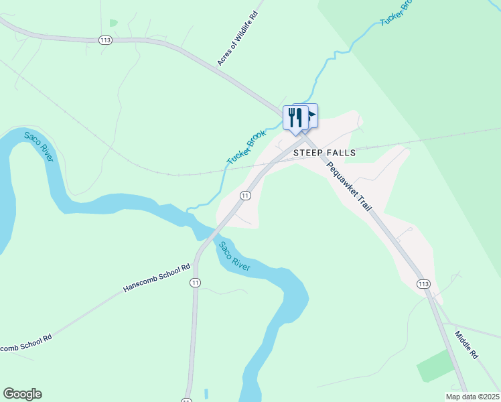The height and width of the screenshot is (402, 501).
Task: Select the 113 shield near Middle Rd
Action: point(423,284)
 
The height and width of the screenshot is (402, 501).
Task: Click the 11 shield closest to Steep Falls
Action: point(245,196)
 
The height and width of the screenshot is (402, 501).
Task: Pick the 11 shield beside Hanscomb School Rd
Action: point(195,283)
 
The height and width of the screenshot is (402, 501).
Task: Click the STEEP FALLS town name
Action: point(325,153)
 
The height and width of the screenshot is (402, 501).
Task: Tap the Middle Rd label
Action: point(466,344)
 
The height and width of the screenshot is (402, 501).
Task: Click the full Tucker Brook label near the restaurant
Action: point(246,147)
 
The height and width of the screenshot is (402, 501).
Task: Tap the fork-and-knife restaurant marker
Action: point(295,119)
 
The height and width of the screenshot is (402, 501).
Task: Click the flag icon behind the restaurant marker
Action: point(311,115)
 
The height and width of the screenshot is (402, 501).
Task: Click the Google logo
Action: point(22,394)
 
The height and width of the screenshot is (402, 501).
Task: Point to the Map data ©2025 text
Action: point(473,397)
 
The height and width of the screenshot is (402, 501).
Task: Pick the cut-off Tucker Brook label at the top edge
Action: point(395,13)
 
